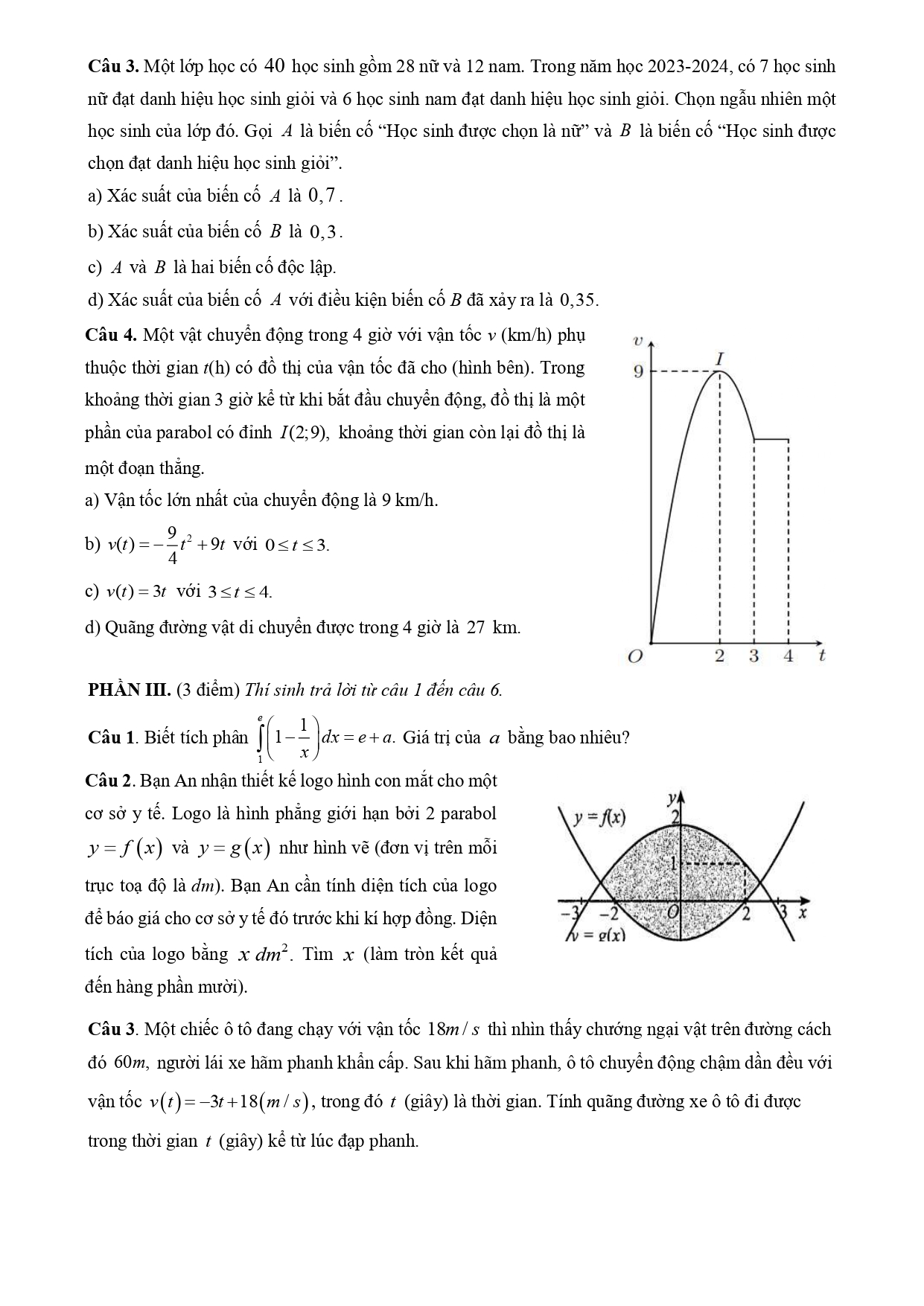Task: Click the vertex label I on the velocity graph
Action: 719,359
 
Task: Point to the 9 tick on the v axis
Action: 638,371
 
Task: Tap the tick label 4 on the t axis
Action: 788,656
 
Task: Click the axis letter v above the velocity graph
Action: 637,341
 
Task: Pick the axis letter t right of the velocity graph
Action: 822,656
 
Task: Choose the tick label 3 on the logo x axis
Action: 783,912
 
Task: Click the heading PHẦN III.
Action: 130,690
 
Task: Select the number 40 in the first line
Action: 275,66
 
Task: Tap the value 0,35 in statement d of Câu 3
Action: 578,300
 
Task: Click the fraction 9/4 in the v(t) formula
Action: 172,544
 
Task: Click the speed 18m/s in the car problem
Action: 453,1030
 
